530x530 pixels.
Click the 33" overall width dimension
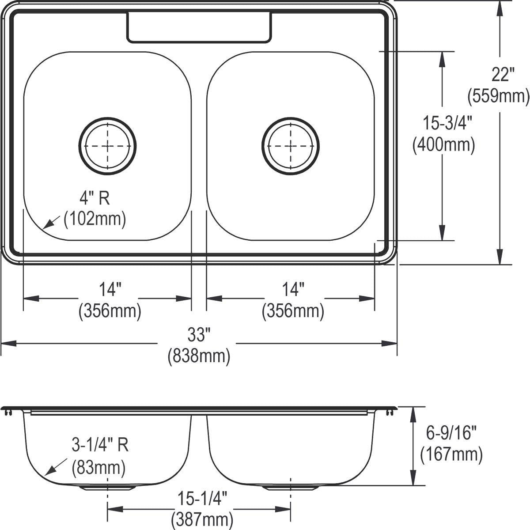tap(199, 335)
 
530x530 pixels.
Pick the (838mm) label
tap(199, 356)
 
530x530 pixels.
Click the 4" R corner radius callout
tap(95, 198)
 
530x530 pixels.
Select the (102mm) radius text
tap(95, 219)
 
